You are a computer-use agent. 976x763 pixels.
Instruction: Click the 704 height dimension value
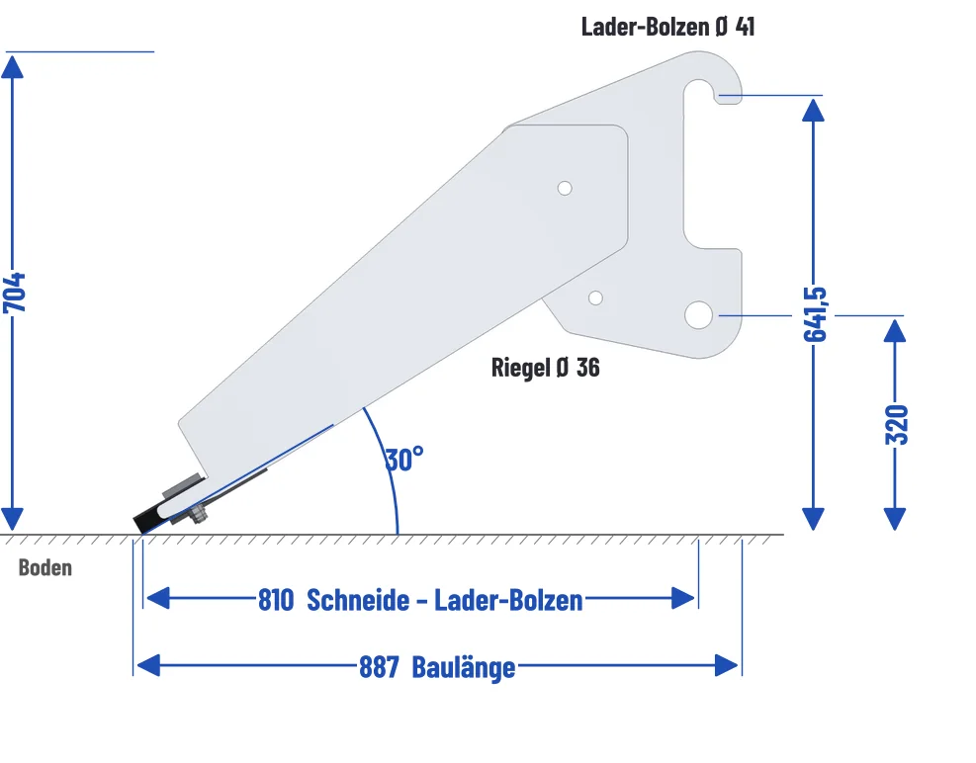(x=14, y=293)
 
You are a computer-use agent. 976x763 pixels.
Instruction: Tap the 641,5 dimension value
(x=815, y=314)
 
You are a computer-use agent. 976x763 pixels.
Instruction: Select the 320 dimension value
(x=897, y=424)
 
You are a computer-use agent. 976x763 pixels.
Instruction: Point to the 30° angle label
(x=404, y=460)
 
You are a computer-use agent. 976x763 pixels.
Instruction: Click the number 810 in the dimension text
(x=276, y=600)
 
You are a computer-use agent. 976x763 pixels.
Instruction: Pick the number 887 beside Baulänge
(x=379, y=667)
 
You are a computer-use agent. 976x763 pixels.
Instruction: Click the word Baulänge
(x=464, y=667)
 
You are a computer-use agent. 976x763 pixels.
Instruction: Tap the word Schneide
(x=358, y=600)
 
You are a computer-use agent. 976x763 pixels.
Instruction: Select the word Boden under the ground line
(x=44, y=567)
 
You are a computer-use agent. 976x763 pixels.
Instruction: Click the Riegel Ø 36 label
(x=545, y=368)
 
